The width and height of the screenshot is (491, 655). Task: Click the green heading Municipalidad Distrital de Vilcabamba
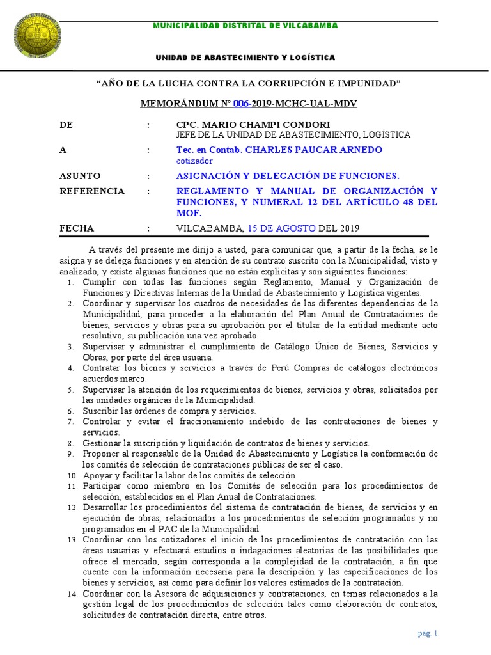pos(245,26)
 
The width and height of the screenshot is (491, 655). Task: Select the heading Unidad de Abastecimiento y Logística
pos(245,58)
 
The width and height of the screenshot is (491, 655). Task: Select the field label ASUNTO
pos(80,176)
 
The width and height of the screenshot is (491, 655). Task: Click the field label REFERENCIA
pos(92,191)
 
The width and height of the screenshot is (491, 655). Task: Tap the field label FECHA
pos(77,228)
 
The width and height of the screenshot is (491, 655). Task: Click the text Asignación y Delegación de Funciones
pos(288,176)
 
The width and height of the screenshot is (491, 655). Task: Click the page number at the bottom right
pos(426,634)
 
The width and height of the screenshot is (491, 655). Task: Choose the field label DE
pos(66,125)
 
